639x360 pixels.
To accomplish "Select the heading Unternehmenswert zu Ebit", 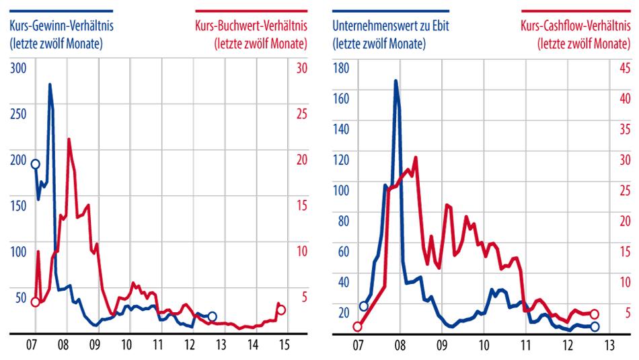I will tap(391, 26).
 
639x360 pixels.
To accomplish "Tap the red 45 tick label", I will tap(625, 68).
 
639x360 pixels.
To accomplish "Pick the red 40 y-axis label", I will tap(625, 99).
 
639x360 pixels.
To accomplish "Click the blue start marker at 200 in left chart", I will tap(36, 164).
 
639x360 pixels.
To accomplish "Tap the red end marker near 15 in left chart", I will tap(282, 310).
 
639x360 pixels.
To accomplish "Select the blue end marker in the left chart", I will tap(213, 316).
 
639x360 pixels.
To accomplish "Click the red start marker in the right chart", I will tap(358, 327).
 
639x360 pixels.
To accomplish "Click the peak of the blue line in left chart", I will tap(50, 85).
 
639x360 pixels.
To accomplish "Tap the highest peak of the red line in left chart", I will tap(69, 139).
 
